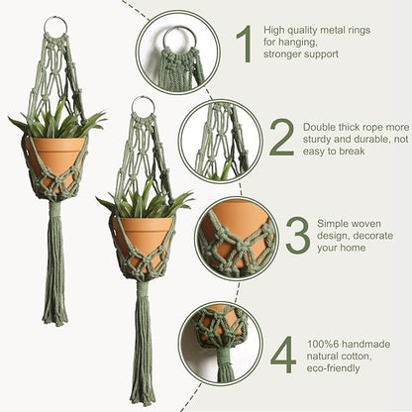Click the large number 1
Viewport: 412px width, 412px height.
tap(244, 46)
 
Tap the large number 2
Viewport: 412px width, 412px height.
tap(281, 138)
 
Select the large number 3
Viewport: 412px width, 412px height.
tap(297, 235)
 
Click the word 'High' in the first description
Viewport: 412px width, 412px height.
tap(278, 31)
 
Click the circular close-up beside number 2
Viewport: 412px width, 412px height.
tap(220, 140)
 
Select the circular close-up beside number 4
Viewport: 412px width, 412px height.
tap(220, 343)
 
